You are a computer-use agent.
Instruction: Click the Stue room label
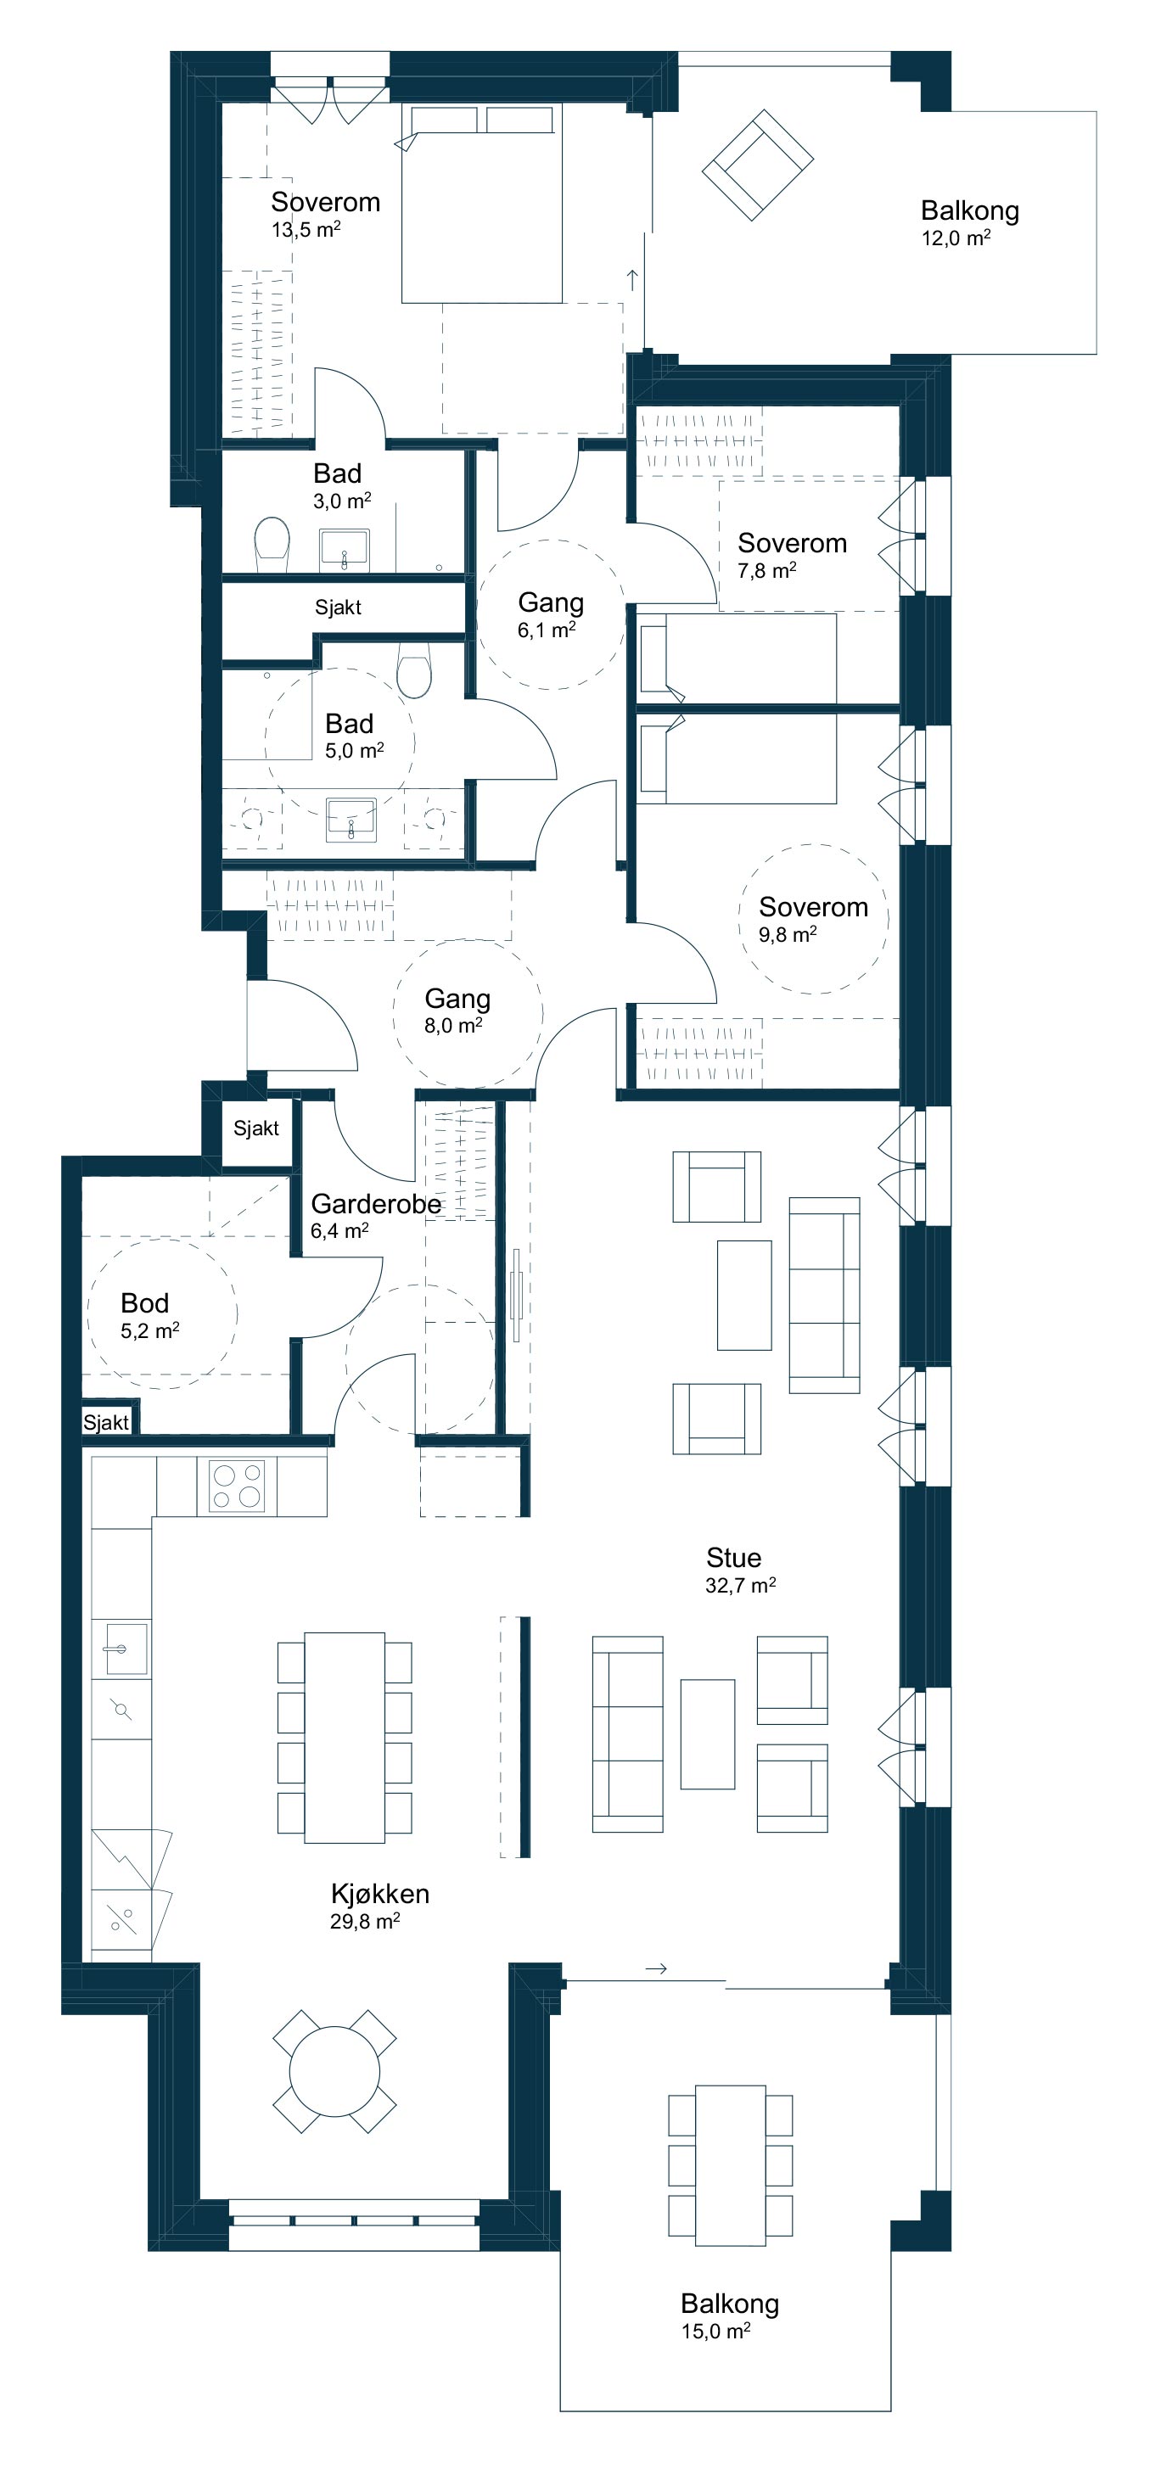click(x=733, y=1558)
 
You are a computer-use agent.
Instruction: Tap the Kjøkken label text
click(x=380, y=1894)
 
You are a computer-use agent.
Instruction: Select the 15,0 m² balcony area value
click(x=716, y=2332)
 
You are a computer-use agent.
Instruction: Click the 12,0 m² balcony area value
click(x=956, y=238)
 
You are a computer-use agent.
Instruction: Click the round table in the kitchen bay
click(x=335, y=2071)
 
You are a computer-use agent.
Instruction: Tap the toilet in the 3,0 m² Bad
click(x=272, y=545)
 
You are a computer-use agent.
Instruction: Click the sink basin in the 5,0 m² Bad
click(x=351, y=820)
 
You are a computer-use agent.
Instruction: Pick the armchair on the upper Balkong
click(x=758, y=164)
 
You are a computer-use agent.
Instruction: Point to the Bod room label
click(x=145, y=1303)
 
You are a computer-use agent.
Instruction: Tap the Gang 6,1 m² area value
click(x=547, y=630)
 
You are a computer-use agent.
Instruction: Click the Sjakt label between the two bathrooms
click(x=338, y=607)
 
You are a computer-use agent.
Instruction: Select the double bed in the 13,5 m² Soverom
click(x=481, y=204)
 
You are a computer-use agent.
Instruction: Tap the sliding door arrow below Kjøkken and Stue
click(x=656, y=1968)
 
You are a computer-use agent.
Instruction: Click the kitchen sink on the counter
click(x=121, y=1649)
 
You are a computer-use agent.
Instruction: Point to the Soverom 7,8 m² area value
click(x=766, y=570)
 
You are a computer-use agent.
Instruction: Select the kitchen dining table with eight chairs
click(x=345, y=1738)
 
